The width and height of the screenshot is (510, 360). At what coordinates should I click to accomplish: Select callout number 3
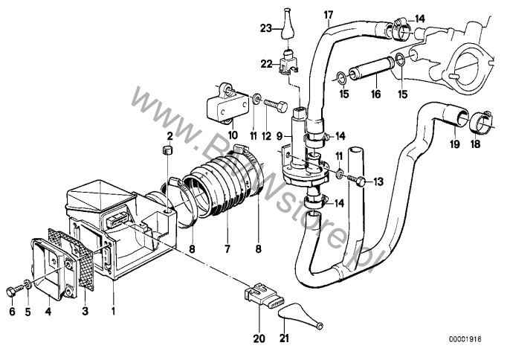click(x=84, y=311)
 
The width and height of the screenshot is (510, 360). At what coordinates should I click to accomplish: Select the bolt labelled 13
click(x=359, y=180)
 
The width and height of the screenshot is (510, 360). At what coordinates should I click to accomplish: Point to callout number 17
click(x=327, y=13)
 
